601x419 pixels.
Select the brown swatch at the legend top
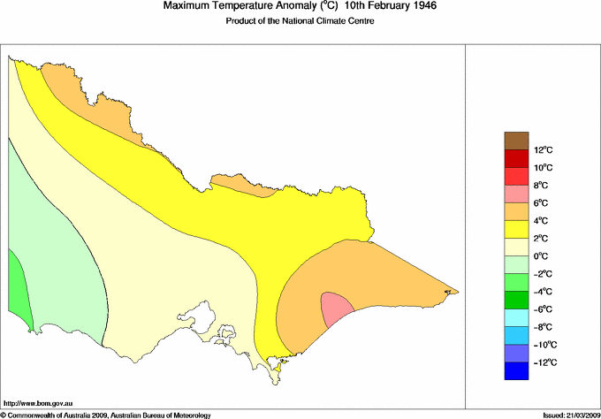(516, 141)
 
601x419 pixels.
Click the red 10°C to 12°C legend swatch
(516, 158)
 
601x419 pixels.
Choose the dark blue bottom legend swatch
(516, 371)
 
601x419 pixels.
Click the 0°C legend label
(543, 256)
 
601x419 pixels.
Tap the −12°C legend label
(543, 362)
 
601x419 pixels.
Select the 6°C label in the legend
(543, 203)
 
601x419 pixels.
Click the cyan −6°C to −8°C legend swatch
(516, 318)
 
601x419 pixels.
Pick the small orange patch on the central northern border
(256, 188)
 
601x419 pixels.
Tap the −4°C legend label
(543, 292)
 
